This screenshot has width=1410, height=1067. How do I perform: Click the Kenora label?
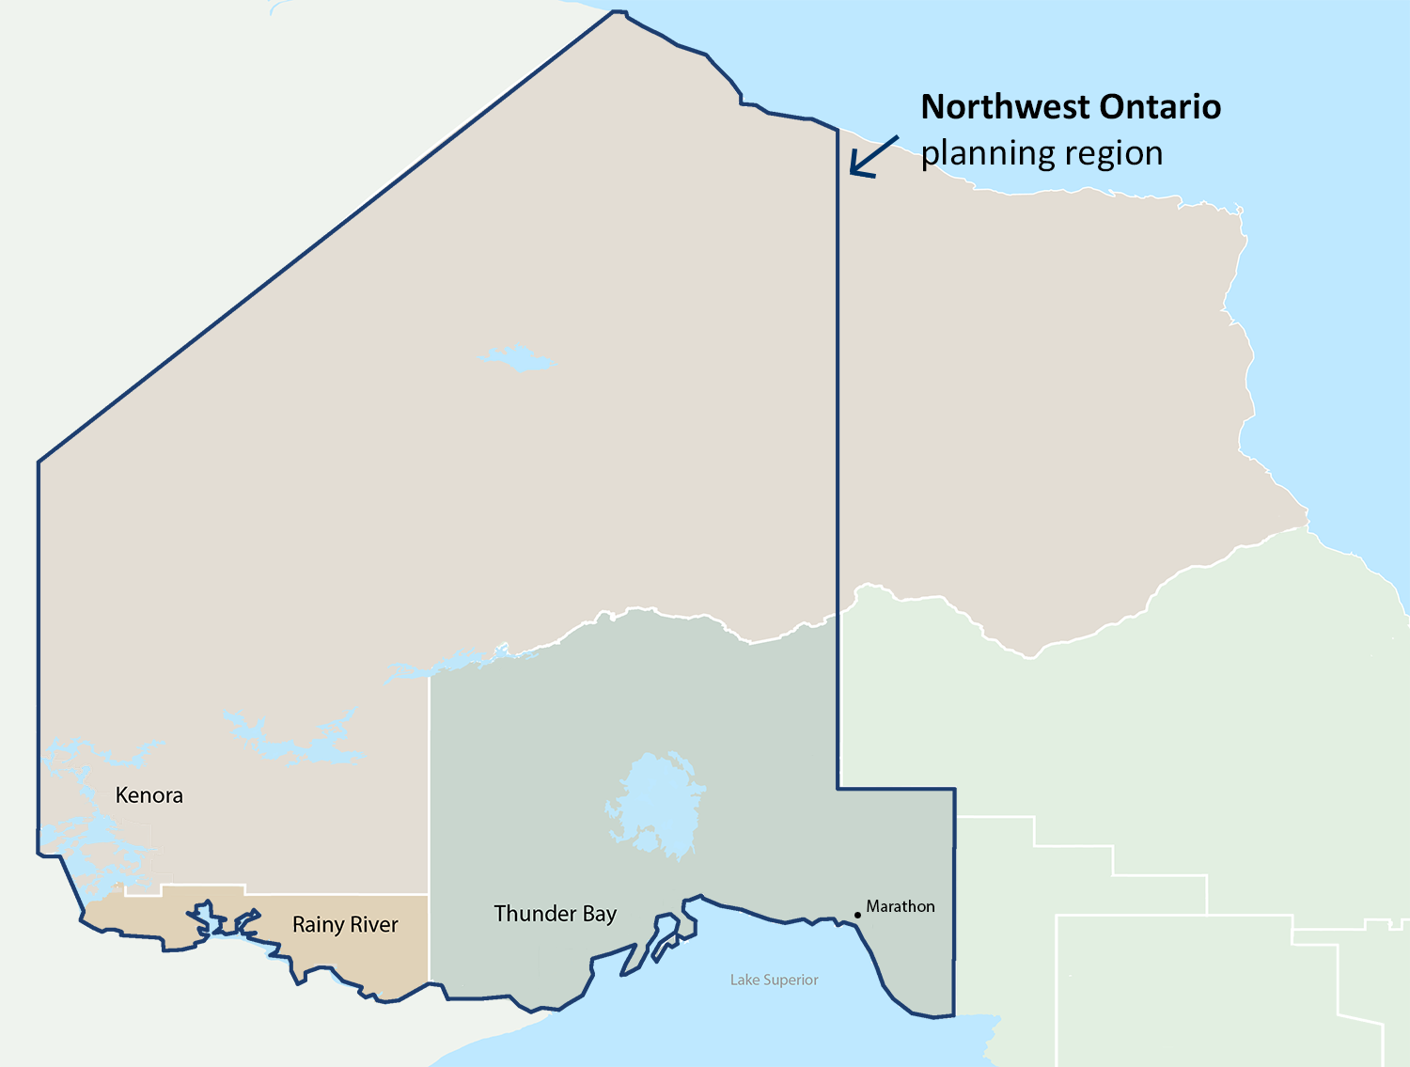click(x=149, y=795)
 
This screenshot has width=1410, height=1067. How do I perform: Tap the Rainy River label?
click(x=345, y=925)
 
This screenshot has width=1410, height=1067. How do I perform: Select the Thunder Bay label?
click(x=555, y=914)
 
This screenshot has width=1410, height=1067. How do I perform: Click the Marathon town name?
click(x=901, y=906)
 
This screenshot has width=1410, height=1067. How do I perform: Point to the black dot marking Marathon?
click(x=857, y=915)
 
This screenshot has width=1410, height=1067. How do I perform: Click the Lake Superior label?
click(x=774, y=980)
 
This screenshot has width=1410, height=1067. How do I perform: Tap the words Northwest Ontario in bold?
click(x=1070, y=107)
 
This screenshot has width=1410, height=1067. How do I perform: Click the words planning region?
click(x=1042, y=153)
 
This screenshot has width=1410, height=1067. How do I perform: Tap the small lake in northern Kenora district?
click(x=515, y=359)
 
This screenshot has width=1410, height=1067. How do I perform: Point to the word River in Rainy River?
click(x=374, y=925)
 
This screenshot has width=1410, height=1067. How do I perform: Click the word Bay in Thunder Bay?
click(x=600, y=915)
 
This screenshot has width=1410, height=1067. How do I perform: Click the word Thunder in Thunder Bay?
click(x=535, y=914)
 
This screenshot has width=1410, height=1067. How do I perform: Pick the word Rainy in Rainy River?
click(x=318, y=926)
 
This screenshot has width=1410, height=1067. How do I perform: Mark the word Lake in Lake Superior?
click(x=744, y=980)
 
